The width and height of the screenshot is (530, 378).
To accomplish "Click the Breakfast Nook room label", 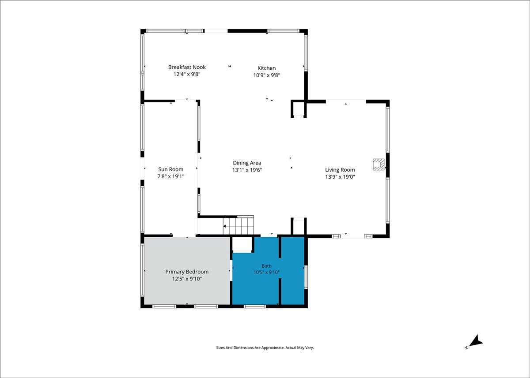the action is pyautogui.click(x=187, y=67).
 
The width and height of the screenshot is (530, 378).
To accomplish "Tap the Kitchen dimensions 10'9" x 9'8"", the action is pyautogui.click(x=267, y=75).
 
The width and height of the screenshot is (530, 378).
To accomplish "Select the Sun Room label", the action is pyautogui.click(x=170, y=169).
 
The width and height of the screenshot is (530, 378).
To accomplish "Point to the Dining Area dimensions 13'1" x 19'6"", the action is pyautogui.click(x=247, y=170).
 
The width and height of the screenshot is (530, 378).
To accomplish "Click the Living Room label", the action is pyautogui.click(x=340, y=170).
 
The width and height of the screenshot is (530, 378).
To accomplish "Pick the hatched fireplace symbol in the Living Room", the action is pyautogui.click(x=379, y=165).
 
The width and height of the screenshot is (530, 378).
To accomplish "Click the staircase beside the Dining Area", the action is pyautogui.click(x=238, y=226).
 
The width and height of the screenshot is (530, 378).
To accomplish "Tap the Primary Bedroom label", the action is pyautogui.click(x=187, y=272).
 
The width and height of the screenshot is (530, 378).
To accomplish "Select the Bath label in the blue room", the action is pyautogui.click(x=266, y=266).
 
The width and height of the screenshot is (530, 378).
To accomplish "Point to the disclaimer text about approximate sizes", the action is pyautogui.click(x=265, y=348).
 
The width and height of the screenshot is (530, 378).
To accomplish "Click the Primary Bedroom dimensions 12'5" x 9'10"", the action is pyautogui.click(x=187, y=279).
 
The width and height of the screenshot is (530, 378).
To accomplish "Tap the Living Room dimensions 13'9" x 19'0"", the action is pyautogui.click(x=340, y=177).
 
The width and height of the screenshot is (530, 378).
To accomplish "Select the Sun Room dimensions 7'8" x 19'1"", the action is pyautogui.click(x=170, y=176).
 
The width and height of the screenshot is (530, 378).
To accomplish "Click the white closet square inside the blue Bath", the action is pyautogui.click(x=242, y=244).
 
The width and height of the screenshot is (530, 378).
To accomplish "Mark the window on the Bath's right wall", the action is pyautogui.click(x=306, y=277).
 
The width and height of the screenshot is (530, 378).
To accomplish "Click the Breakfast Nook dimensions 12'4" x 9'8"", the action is pyautogui.click(x=187, y=74).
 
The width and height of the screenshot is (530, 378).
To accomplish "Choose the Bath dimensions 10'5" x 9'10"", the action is pyautogui.click(x=266, y=272).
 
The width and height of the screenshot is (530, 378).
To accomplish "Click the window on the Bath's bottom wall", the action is pyautogui.click(x=255, y=307).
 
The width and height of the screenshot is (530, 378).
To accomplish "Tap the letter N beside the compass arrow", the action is pyautogui.click(x=466, y=348).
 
